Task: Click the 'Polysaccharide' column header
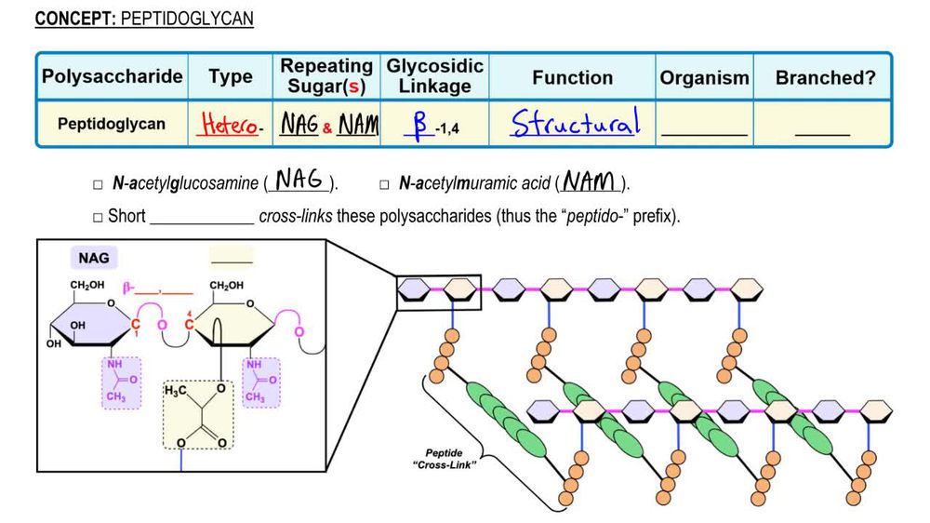112,77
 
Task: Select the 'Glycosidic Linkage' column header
435,77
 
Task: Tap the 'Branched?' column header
825,78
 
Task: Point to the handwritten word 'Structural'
575,124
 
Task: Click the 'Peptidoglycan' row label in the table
112,124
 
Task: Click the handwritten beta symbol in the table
419,125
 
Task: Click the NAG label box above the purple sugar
97,258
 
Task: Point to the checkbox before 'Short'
98,217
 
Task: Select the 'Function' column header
572,78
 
